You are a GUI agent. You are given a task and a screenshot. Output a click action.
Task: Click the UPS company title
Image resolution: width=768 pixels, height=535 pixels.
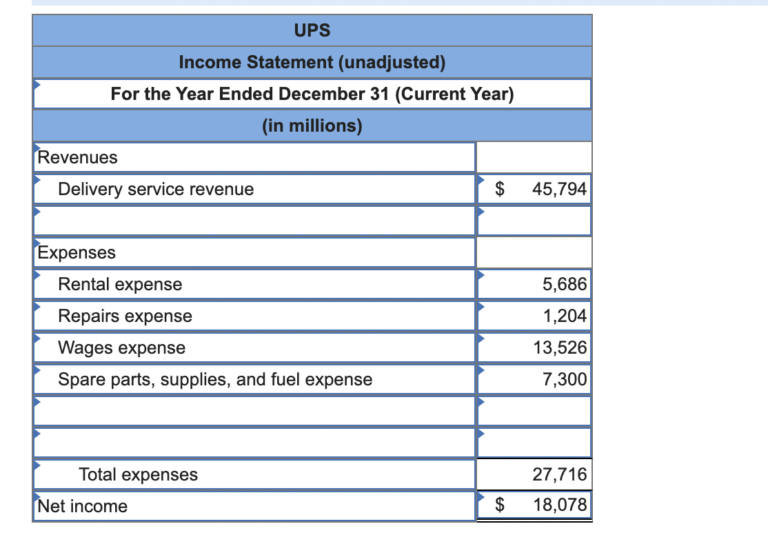[312, 30]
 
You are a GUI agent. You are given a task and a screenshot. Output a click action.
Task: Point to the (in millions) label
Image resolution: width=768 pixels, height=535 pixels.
[312, 125]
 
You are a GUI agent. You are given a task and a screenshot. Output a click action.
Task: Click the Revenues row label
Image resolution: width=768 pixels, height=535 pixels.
[77, 157]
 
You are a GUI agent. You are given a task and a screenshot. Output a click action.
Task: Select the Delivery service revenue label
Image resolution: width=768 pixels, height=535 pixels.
[156, 189]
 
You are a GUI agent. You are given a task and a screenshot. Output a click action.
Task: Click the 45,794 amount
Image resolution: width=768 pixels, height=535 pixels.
[559, 189]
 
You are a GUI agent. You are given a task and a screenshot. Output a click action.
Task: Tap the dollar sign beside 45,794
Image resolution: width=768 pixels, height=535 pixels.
[500, 189]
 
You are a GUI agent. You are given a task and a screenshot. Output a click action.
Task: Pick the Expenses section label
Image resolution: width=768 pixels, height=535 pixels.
[77, 253]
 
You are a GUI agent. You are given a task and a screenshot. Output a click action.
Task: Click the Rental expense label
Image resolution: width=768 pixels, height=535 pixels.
[120, 284]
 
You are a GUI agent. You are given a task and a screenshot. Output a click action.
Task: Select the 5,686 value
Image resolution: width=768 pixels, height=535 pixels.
[564, 284]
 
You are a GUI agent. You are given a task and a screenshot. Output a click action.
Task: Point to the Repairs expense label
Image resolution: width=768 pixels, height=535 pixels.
[125, 316]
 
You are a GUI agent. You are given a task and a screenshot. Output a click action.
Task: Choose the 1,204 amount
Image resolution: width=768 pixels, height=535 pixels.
[565, 316]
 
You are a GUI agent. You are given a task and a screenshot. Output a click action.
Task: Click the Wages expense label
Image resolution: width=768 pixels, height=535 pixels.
[121, 348]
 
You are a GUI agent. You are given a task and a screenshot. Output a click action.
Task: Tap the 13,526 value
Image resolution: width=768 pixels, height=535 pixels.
[560, 348]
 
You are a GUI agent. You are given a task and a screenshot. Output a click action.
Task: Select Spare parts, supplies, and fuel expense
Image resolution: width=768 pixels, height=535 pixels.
[215, 380]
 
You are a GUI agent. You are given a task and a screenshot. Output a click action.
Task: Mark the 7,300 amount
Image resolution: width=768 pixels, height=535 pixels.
[564, 379]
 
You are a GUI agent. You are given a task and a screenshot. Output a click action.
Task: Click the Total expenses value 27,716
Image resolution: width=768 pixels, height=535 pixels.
[560, 474]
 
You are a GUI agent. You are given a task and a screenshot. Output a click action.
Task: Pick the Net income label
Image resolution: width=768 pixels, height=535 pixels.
[82, 506]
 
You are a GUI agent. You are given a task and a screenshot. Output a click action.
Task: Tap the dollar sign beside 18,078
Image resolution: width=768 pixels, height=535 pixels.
[500, 505]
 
